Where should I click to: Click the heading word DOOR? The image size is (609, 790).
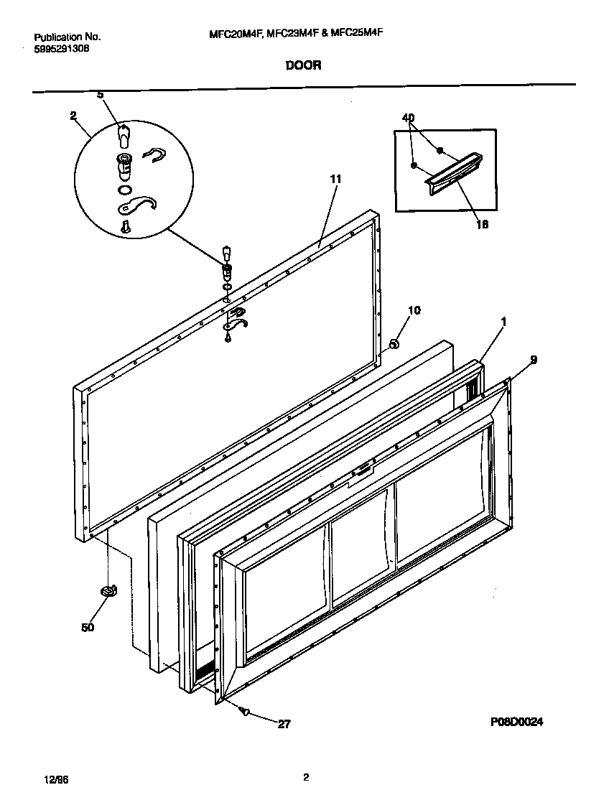coord(303,65)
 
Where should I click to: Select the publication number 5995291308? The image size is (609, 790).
coord(62,49)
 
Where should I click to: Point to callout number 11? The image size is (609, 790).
coord(335,178)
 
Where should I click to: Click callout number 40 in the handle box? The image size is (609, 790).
coord(409,118)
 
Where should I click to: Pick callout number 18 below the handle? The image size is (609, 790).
coord(483,224)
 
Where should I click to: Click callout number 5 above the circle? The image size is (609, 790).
coord(100,95)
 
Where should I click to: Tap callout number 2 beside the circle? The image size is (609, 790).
coord(73,115)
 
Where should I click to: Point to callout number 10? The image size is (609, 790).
coord(414,310)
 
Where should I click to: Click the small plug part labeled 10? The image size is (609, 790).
coord(394,345)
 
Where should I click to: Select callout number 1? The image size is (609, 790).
coord(503,322)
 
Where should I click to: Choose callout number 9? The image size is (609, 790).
coord(533,359)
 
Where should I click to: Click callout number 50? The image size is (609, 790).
coord(87,627)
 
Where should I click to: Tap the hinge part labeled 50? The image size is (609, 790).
coord(108,590)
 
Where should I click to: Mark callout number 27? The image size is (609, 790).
coord(284,725)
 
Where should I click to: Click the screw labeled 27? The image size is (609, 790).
coord(246,711)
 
